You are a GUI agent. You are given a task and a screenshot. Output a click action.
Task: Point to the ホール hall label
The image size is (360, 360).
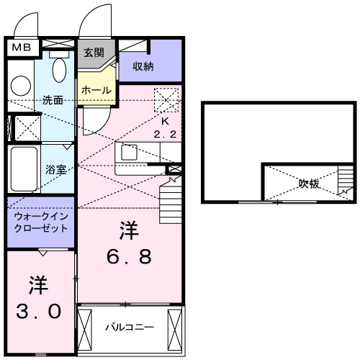[x=96, y=90]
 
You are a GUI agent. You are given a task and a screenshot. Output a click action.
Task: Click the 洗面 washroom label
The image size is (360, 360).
[x=52, y=99]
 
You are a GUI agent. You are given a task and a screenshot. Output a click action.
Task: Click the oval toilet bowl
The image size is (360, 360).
[x=60, y=71]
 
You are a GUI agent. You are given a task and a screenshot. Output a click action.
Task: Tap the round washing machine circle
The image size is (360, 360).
[x=21, y=85]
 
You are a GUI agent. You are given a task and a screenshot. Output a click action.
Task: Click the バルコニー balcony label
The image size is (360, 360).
[x=130, y=327]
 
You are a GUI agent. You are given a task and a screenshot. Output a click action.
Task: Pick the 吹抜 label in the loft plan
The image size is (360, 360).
[x=309, y=183]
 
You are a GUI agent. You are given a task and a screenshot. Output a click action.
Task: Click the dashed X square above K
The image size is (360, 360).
[x=166, y=98]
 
